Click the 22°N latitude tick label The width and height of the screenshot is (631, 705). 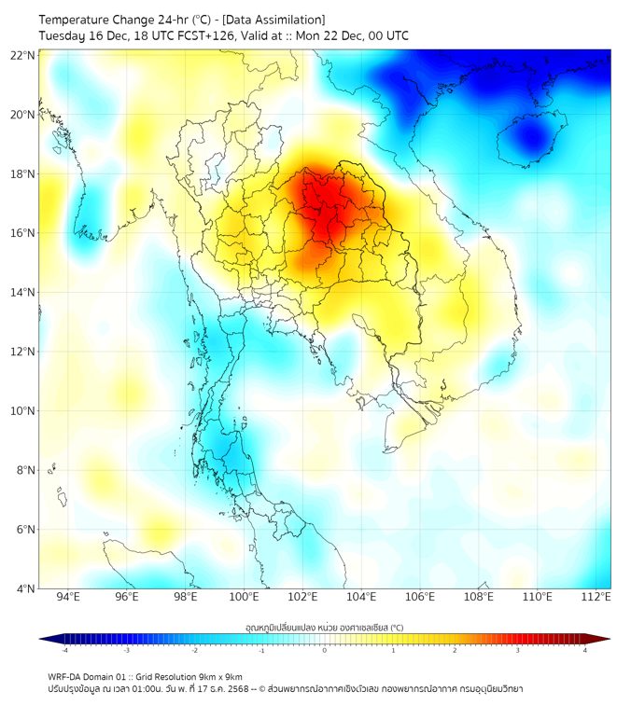point(23,55)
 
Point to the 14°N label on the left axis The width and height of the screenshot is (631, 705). point(23,292)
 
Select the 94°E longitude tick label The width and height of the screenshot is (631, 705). point(68,597)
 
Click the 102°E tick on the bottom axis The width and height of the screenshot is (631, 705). point(303,597)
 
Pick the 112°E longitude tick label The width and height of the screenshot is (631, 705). point(596,597)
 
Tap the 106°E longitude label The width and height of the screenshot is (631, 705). point(421,597)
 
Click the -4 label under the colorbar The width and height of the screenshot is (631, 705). point(64,651)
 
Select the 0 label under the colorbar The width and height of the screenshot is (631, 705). point(324,651)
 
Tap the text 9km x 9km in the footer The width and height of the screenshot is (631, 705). point(217,677)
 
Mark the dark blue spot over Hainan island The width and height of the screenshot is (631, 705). point(532,138)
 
